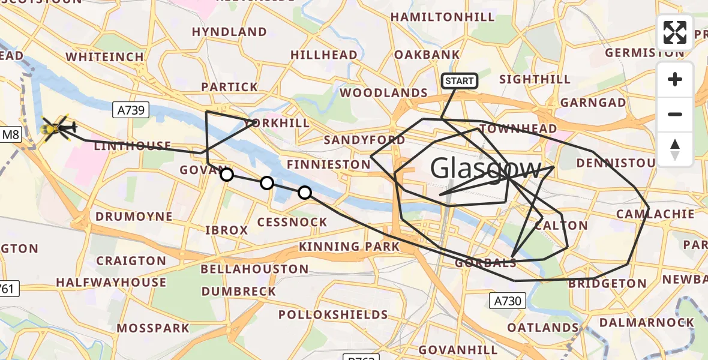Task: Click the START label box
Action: click(x=460, y=81)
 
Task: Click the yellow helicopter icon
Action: click(x=57, y=128)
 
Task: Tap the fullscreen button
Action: click(x=675, y=32)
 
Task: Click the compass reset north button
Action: click(x=675, y=149)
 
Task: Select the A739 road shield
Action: click(x=130, y=109)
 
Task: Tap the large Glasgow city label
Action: click(x=486, y=168)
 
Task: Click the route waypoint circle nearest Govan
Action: click(x=227, y=175)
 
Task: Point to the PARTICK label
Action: click(x=229, y=87)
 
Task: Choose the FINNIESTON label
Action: click(x=328, y=164)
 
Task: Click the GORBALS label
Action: click(x=485, y=263)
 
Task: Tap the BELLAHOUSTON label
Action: click(x=254, y=269)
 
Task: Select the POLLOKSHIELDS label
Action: click(x=333, y=314)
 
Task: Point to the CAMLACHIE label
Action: click(x=655, y=214)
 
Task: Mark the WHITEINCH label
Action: click(x=104, y=57)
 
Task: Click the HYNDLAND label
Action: click(x=229, y=32)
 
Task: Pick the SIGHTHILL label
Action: click(x=535, y=80)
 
